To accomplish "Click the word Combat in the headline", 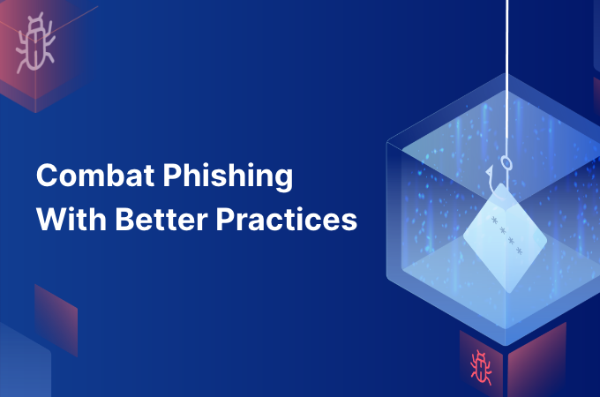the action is pos(95,176).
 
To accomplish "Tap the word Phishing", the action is pos(228,176).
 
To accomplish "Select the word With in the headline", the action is pos(71,219).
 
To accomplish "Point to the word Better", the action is pos(161,219).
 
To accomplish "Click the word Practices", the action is pos(287,219).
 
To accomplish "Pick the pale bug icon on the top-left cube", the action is pos(35,42).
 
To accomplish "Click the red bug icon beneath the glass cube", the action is pos(481,367).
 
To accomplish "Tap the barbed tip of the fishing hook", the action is pos(489,169).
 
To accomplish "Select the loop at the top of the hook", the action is pos(506,162).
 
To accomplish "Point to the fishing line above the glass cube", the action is pos(507,38).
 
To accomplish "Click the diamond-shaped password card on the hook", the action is pos(505,238).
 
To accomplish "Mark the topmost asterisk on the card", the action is pos(494,221).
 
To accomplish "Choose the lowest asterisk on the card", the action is pos(519,251).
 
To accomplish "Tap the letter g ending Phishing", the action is pos(284,179).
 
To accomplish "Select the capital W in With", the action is pos(52,219).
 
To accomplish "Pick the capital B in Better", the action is pos(124,219).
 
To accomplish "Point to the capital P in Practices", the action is pos(225,219).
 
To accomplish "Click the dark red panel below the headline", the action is pos(56,320).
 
